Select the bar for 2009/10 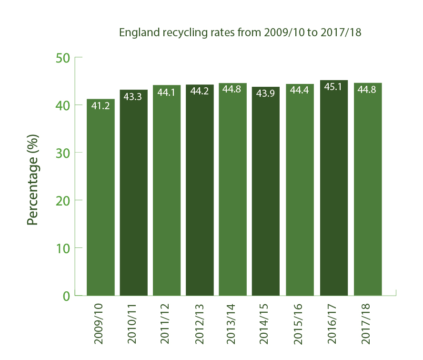click(101, 200)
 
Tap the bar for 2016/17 click(333, 191)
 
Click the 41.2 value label click(101, 106)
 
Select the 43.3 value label click(134, 96)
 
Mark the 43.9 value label click(267, 94)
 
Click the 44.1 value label click(167, 92)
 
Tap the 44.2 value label click(200, 92)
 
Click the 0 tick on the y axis click(65, 296)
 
